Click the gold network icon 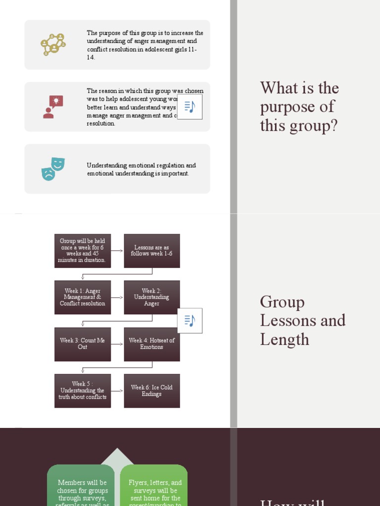tap(53, 44)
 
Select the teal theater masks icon tap(53, 169)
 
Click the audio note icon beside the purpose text tap(190, 107)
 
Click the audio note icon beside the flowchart tap(190, 321)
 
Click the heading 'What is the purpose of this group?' tap(300, 107)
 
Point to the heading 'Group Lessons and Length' tap(302, 321)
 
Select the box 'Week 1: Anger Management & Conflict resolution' tap(83, 297)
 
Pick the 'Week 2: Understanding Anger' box tap(152, 297)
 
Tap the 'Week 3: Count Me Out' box tap(83, 344)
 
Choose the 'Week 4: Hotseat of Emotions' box tap(152, 344)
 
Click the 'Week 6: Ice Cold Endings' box tap(152, 391)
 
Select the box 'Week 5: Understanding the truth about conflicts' tap(83, 391)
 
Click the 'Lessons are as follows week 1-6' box tap(152, 251)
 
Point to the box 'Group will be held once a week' tap(83, 251)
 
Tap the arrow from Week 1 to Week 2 tap(117, 298)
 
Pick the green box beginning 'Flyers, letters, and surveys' tap(154, 489)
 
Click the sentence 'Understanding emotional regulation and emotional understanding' tap(141, 169)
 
